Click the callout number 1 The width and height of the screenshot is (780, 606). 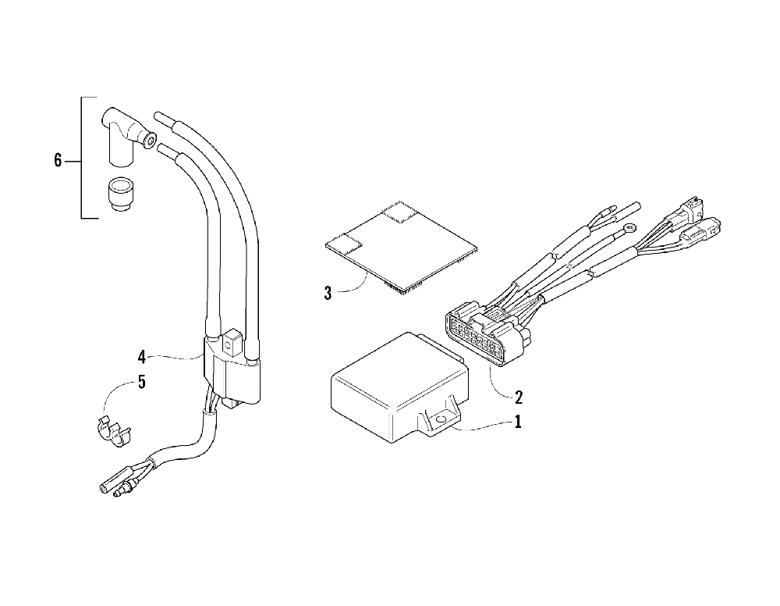(x=517, y=422)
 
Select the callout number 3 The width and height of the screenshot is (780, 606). (x=328, y=294)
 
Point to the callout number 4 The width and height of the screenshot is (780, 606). (x=141, y=358)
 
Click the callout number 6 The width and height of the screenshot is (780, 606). (x=58, y=161)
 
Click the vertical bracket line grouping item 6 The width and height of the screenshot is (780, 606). (x=82, y=158)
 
